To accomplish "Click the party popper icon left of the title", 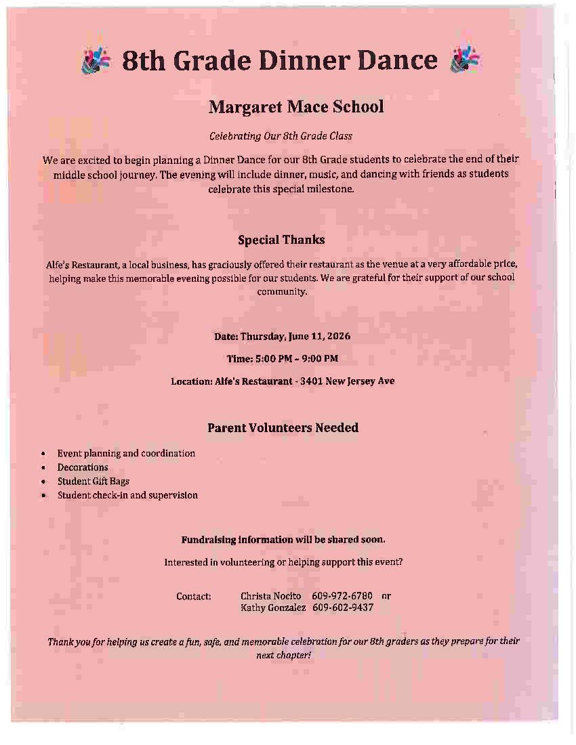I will pos(96,60).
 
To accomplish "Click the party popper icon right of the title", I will pos(464,60).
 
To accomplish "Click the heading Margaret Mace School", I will pos(296,107).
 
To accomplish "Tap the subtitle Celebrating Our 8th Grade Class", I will pos(281,136).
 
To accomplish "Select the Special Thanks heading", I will pos(281,240).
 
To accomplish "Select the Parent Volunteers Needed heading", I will pos(283,428).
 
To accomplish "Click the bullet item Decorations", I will pos(83,467).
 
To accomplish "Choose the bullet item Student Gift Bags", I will pos(94,482).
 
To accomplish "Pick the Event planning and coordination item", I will pos(126,453).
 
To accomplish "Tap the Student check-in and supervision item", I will pos(127,495).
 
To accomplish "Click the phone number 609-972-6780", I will pos(342,596).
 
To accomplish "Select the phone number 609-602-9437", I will pos(343,608).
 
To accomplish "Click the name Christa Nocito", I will pos(270,596).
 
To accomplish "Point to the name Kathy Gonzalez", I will pos(273,608).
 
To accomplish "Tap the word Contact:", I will pos(194,597).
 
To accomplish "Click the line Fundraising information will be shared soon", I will pos(283,540).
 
